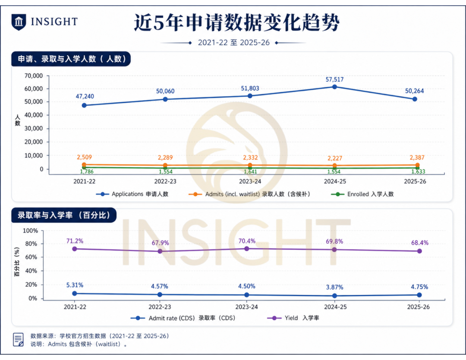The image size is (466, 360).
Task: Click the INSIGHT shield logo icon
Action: coord(19,22)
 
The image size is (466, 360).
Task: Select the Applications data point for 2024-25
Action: coord(334,87)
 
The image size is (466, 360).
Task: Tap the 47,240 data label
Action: coord(85,96)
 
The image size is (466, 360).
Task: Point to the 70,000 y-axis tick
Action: coord(34,76)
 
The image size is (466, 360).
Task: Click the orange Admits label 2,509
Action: coord(85,157)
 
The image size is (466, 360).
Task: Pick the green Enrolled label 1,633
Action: coord(418,171)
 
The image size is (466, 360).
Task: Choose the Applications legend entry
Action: coord(132,194)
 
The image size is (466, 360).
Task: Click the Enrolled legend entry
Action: coord(362,194)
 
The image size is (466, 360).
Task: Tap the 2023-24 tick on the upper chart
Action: coord(250,181)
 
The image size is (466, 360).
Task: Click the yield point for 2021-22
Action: coord(75,249)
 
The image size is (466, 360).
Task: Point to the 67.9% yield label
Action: coord(160,243)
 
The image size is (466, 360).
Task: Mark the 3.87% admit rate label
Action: coord(335,287)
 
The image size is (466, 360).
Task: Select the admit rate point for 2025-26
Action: coord(419,295)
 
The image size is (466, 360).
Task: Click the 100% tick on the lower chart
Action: coord(30,231)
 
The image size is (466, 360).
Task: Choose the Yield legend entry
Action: coord(293,318)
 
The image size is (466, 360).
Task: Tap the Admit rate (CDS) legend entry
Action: coord(183,318)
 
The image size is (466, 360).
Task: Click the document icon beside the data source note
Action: coord(18,339)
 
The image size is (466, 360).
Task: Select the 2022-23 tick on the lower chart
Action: coord(160,307)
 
